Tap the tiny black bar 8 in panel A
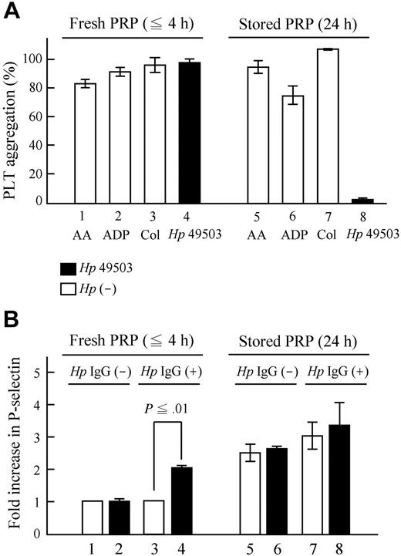[368, 200]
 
